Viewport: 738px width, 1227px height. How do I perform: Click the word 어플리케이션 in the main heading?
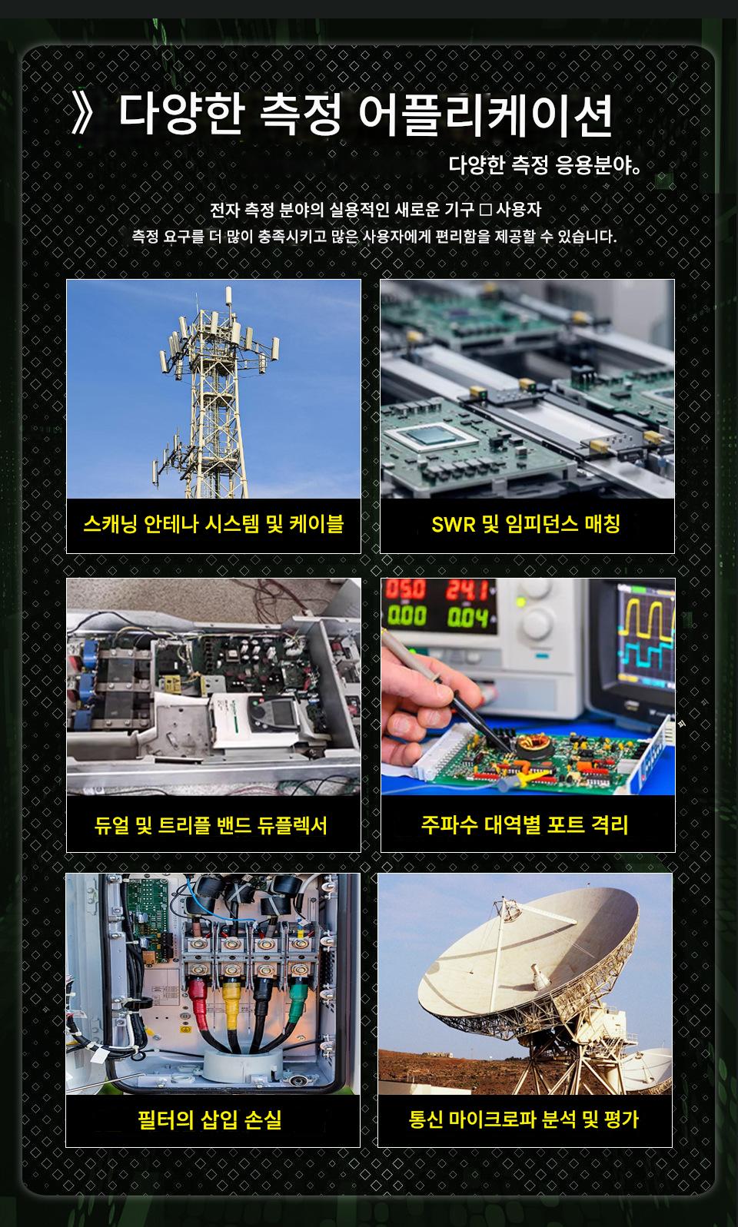pos(485,114)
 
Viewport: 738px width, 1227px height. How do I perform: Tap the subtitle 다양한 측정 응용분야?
pos(544,164)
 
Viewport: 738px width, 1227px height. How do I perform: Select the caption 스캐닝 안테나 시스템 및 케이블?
pos(213,524)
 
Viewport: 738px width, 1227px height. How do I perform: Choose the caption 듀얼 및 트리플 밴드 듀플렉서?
pos(211,825)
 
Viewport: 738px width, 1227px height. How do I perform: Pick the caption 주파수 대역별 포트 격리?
pos(524,824)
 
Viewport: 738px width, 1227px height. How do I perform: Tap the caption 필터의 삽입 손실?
pos(209,1119)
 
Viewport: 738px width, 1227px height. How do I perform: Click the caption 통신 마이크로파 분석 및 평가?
pos(524,1119)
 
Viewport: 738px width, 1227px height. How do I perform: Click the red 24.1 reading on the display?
pos(467,591)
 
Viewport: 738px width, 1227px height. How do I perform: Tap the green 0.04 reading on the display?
pos(467,618)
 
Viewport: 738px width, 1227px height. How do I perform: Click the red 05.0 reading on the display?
pos(405,590)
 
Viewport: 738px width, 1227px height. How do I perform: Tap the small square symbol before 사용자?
pos(485,209)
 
